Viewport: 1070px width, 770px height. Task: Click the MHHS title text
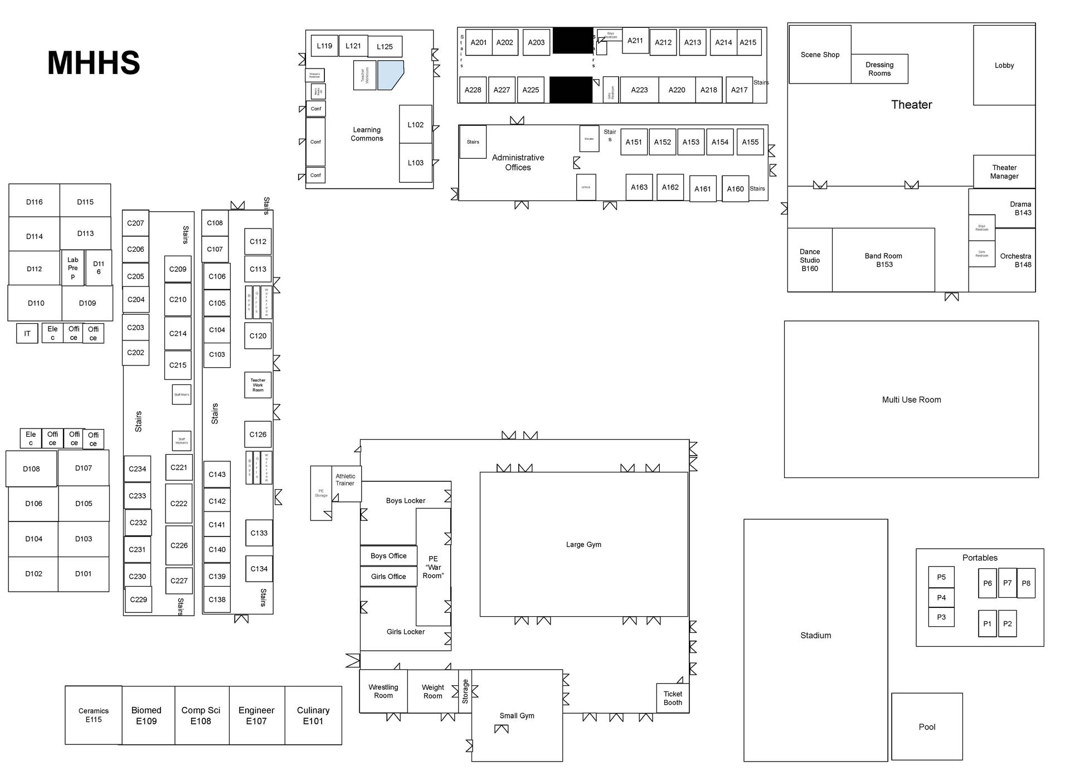[94, 62]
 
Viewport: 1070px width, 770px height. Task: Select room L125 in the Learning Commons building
[385, 47]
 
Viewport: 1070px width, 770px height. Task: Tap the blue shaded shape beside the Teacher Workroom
[390, 75]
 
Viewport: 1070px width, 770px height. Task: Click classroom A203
[536, 42]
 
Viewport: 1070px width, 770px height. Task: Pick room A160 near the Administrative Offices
[735, 189]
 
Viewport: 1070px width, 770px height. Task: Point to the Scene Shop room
[820, 55]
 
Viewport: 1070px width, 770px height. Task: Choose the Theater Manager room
[1004, 172]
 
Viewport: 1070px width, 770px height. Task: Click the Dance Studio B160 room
[810, 260]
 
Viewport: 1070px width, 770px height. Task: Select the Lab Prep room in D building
[72, 268]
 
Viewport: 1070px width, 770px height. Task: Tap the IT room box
[27, 334]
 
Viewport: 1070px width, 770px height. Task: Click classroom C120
[257, 336]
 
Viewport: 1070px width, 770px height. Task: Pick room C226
[179, 545]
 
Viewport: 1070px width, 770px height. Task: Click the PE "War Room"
[433, 567]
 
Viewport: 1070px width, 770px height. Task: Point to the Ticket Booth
[673, 698]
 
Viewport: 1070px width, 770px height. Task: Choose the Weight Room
[432, 691]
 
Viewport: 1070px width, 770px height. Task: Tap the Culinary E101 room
[313, 715]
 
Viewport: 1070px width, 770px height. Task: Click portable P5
[941, 577]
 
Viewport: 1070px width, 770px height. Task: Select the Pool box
[927, 727]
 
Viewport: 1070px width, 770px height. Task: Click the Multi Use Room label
[911, 399]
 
